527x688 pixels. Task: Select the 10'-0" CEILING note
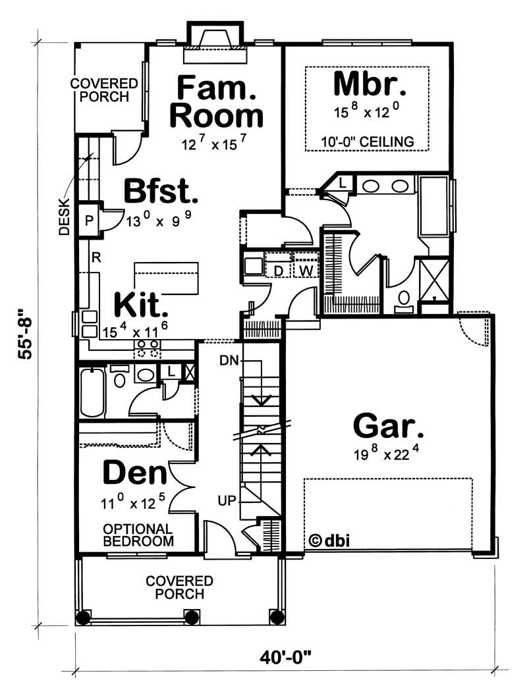coord(368,141)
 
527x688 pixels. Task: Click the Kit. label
coord(140,305)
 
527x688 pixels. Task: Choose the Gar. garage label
coord(389,426)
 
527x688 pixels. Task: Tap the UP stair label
coord(227,501)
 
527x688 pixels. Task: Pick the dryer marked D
coord(278,270)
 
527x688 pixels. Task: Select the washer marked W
coord(305,270)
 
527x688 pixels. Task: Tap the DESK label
coord(64,217)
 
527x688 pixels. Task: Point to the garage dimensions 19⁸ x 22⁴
coord(387,455)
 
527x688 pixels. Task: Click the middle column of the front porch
coord(192,618)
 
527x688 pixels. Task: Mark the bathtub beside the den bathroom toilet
coord(92,392)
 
